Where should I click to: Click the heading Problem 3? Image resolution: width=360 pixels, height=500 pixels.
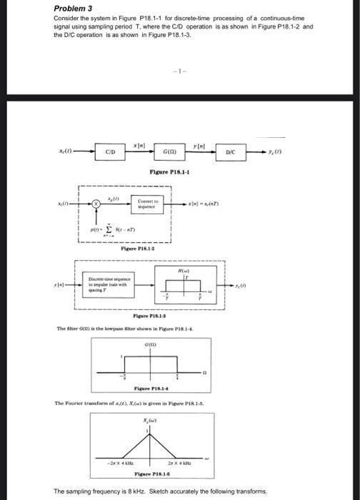(75, 8)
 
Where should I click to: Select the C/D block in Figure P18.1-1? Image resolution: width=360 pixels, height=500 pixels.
(111, 151)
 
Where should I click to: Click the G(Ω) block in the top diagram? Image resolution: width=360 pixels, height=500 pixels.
(171, 151)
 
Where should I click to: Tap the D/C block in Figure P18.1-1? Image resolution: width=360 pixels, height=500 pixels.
(231, 151)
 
